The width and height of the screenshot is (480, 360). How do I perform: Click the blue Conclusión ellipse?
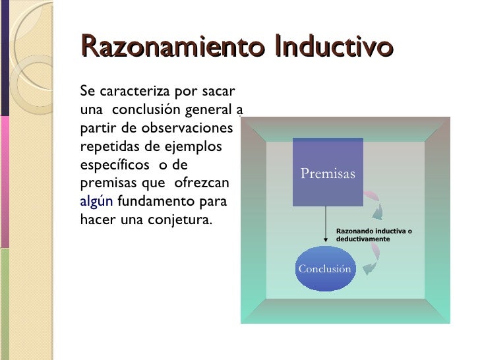click(324, 268)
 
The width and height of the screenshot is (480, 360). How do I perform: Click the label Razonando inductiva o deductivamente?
click(374, 235)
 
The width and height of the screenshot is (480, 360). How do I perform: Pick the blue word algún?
click(96, 201)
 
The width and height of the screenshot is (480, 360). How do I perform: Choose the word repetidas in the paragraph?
click(106, 146)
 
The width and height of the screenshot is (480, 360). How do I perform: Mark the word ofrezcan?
click(201, 183)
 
